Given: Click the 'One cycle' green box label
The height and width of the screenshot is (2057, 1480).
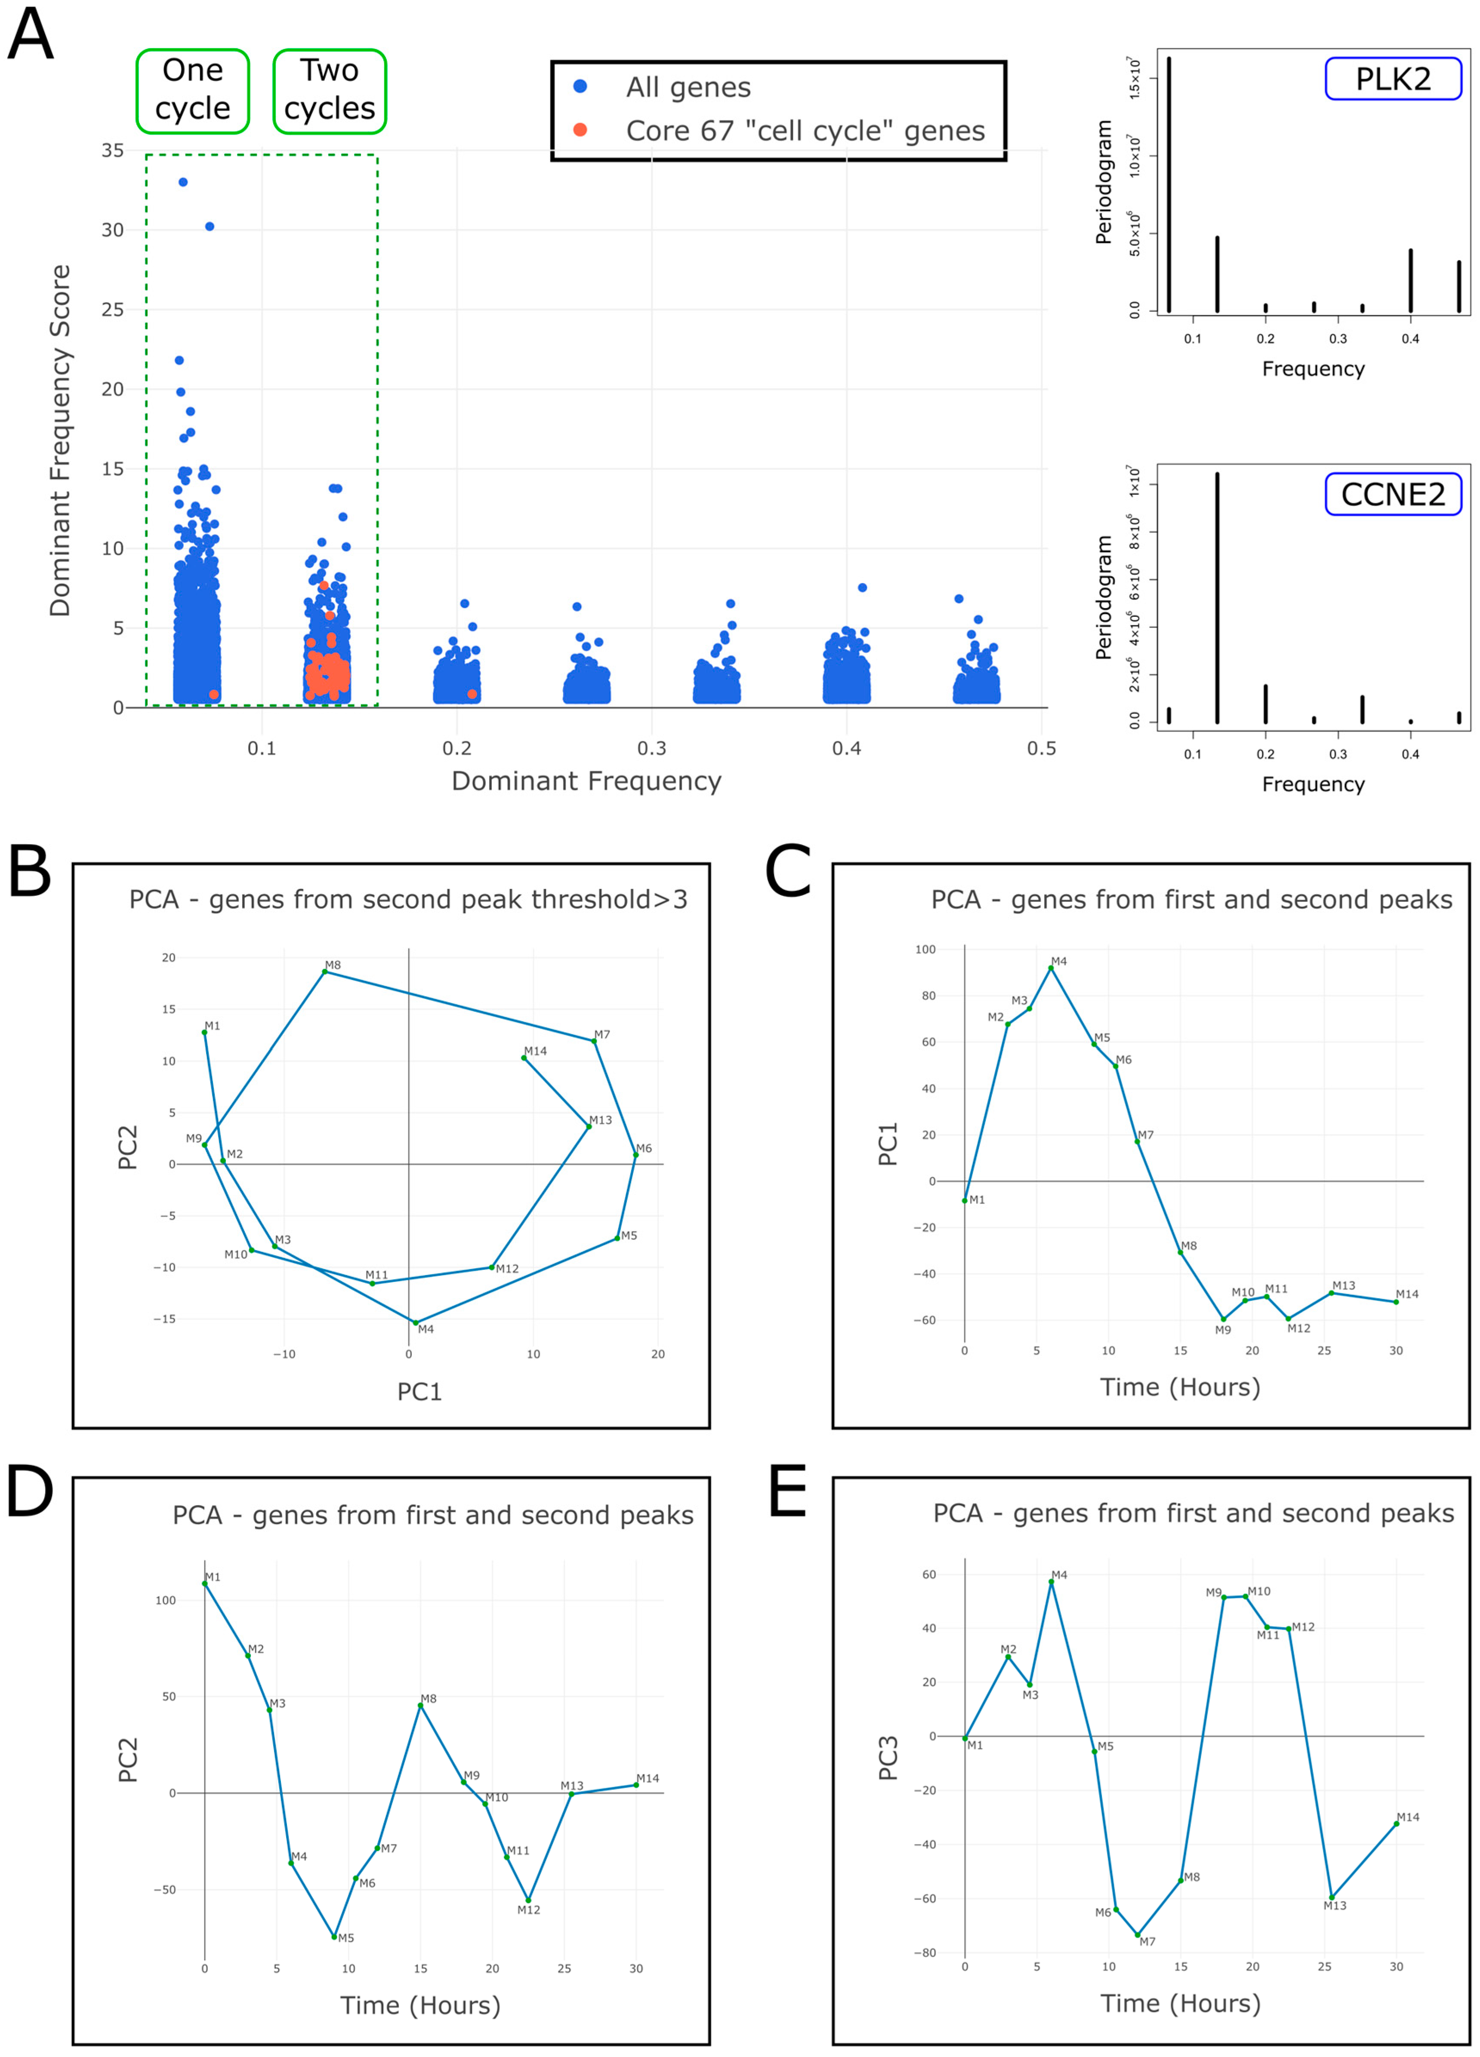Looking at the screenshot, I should pos(192,91).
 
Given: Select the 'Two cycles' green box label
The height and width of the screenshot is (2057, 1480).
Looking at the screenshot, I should pos(330,91).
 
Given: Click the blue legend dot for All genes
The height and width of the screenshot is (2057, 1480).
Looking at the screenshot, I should pos(580,86).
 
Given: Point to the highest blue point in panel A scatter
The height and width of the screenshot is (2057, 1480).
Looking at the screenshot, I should pos(183,182).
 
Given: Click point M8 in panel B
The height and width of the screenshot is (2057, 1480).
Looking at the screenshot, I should pos(325,972).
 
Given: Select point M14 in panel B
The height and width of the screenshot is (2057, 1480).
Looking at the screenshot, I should pos(524,1058).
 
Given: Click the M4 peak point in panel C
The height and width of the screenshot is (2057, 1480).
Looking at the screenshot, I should pos(1051,968).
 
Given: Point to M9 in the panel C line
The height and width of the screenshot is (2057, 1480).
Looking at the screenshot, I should pos(1223,1319).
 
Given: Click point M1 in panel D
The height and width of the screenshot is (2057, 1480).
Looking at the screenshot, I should pos(205,1583).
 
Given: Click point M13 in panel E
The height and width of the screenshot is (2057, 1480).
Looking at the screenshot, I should pos(1331,1897).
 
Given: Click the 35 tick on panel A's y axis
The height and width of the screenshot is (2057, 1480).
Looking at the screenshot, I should pos(113,151).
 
